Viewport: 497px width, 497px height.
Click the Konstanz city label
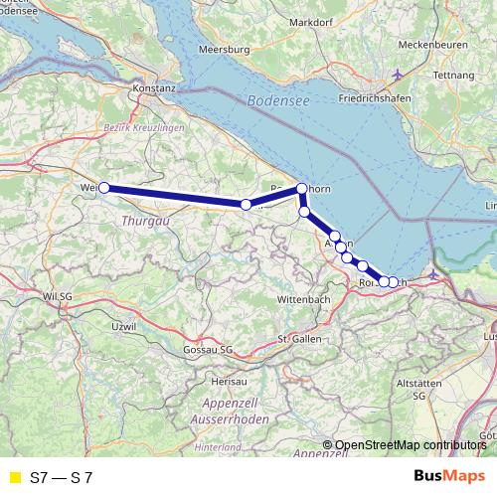click(x=154, y=87)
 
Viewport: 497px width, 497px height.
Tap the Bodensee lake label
click(x=275, y=100)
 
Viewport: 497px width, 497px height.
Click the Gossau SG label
click(x=208, y=350)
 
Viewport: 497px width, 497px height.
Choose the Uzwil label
click(x=123, y=326)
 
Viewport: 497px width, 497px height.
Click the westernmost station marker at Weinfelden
click(x=103, y=187)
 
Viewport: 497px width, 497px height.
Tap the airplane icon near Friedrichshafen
click(x=399, y=76)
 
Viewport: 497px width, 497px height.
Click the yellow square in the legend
click(x=14, y=477)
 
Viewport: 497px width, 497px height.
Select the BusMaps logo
click(x=449, y=477)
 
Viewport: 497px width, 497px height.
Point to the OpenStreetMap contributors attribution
click(x=408, y=445)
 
